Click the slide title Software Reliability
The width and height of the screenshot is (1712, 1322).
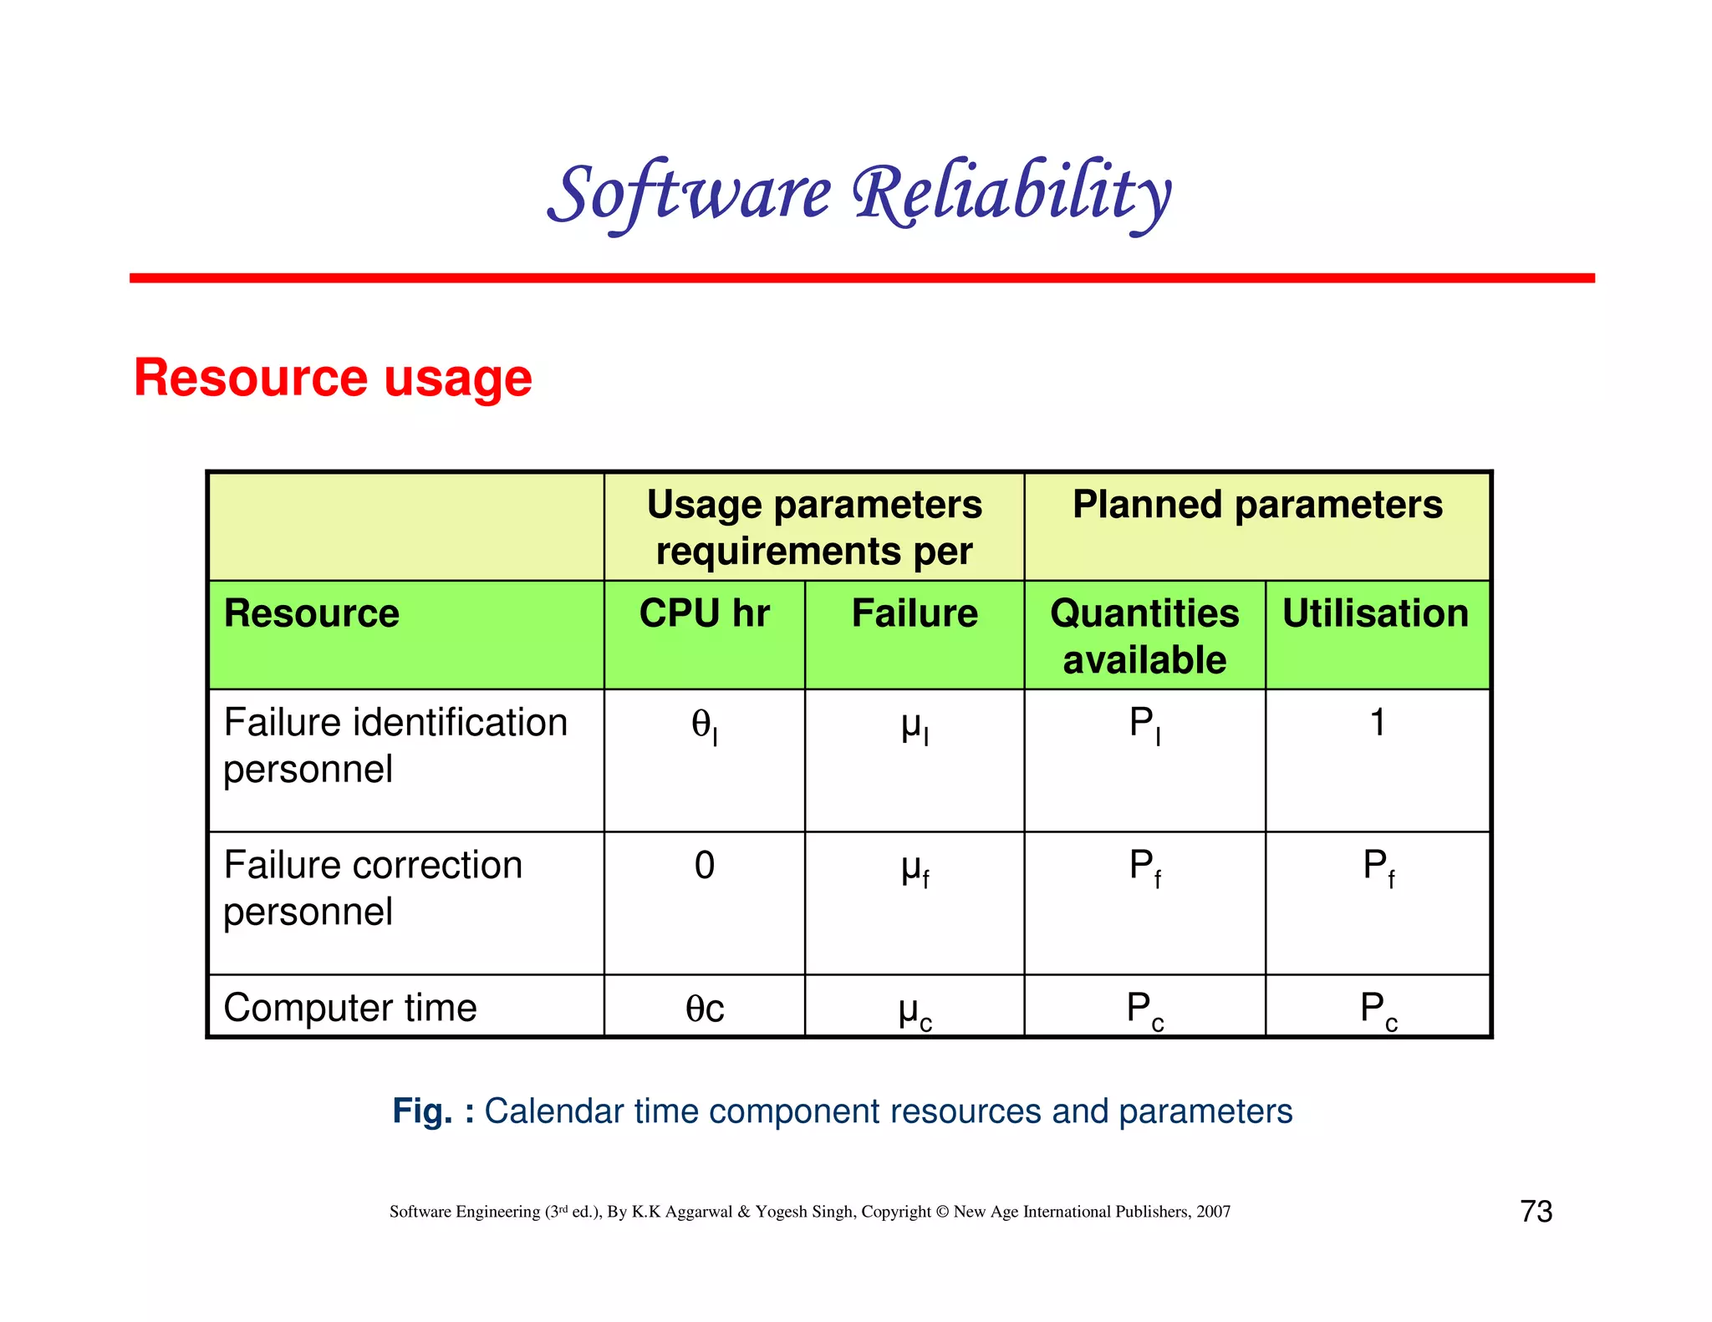[859, 194]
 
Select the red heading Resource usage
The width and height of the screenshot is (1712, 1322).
[333, 378]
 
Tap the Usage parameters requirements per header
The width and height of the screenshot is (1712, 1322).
[813, 527]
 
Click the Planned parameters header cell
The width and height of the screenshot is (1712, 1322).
[1256, 506]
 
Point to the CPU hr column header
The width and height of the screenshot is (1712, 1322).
[704, 614]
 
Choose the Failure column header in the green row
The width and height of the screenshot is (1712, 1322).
[915, 614]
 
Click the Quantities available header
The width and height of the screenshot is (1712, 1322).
[1144, 636]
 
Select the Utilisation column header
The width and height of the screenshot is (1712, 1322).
[1376, 614]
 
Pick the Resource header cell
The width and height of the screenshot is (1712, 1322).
[312, 614]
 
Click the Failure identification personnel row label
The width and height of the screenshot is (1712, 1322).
[395, 745]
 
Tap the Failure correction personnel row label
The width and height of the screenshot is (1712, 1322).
[373, 887]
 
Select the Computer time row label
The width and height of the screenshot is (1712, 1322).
[350, 1008]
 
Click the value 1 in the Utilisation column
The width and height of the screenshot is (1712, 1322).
[1378, 723]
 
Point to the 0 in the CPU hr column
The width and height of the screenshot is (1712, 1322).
[705, 866]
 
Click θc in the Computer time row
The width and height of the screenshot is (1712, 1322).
[705, 1009]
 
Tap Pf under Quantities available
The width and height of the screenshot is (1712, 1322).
[1144, 869]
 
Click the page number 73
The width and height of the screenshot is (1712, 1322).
[1536, 1212]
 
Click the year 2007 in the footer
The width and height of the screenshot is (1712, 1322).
[1213, 1213]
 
